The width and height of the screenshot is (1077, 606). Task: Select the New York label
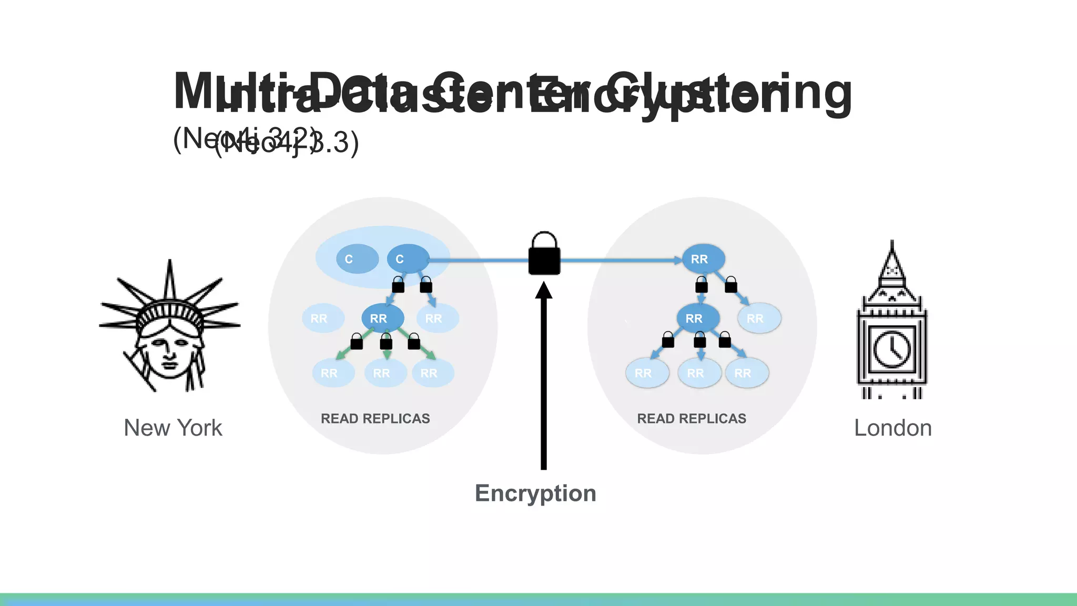click(173, 428)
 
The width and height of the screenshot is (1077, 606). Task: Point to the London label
click(893, 428)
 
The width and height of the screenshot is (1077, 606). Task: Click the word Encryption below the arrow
click(535, 493)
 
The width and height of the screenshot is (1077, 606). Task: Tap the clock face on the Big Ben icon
click(892, 349)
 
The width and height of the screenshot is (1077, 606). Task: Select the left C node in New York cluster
click(357, 259)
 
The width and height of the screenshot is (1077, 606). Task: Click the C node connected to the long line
click(408, 259)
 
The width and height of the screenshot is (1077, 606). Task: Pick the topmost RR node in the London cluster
click(703, 259)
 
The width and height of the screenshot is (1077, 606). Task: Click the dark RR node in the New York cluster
click(383, 318)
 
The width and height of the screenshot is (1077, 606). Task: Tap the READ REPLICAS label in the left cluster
click(375, 419)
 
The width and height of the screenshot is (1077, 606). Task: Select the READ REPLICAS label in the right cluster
click(692, 419)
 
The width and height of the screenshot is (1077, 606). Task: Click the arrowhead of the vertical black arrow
click(544, 290)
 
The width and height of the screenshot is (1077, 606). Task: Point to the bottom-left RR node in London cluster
click(647, 373)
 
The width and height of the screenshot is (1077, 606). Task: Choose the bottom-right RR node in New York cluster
click(432, 373)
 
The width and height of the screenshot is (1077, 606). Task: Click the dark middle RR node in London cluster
click(698, 318)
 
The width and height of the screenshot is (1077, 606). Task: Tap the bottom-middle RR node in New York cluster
click(385, 373)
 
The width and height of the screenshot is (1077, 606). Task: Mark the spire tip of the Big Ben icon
click(892, 243)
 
